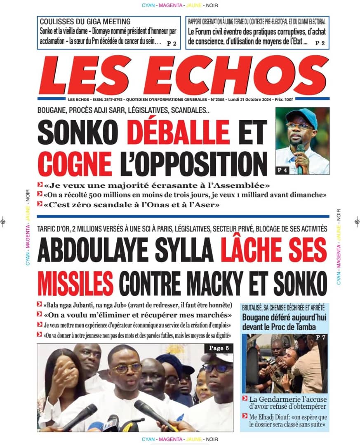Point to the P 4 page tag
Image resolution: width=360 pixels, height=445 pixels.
[282, 170]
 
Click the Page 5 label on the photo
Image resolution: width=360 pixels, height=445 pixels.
[219, 348]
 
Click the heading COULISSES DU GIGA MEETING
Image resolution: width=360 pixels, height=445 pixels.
[85, 21]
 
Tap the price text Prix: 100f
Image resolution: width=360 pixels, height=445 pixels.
[284, 100]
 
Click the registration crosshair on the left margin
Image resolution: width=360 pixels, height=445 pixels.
[4, 221]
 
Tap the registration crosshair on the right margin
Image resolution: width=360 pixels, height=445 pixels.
[357, 221]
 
